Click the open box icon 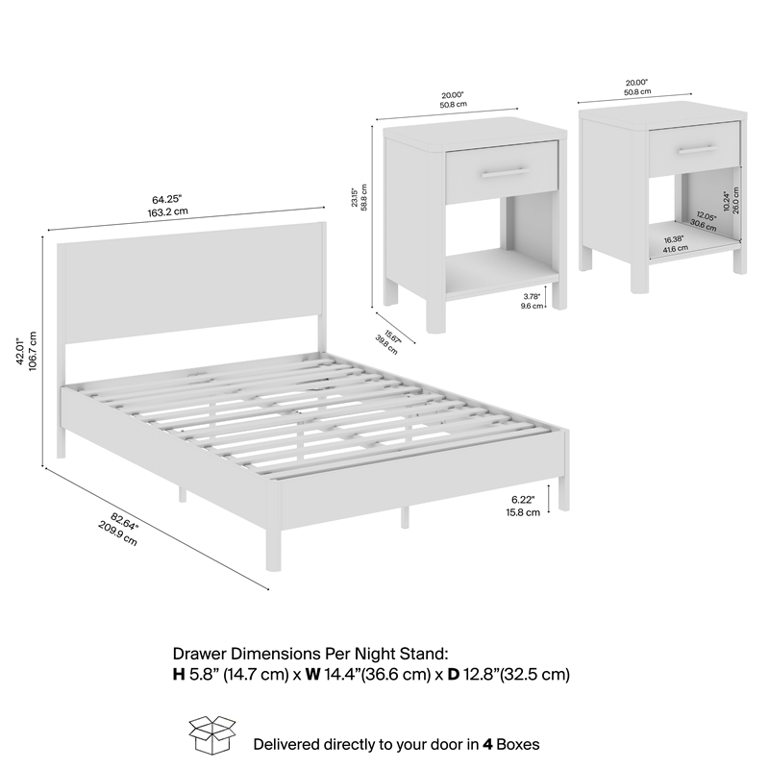pos(212,735)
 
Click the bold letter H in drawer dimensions pos(179,675)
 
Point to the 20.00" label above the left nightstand pos(454,96)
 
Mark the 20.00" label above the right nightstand pos(637,82)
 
